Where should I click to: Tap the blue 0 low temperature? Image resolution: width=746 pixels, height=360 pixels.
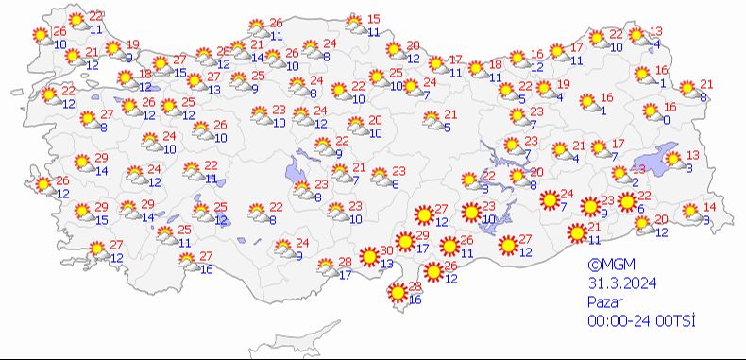(x=666, y=120)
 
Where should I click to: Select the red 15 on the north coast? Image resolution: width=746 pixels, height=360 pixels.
(x=373, y=20)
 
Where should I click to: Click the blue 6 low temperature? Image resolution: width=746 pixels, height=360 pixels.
(x=641, y=209)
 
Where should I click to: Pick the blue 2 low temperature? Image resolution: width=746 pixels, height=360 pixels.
(x=636, y=181)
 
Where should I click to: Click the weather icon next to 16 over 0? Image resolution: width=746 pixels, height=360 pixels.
(x=651, y=113)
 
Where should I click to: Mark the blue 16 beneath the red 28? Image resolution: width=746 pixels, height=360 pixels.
(x=416, y=300)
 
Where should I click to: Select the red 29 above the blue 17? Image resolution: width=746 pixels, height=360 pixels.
(x=422, y=235)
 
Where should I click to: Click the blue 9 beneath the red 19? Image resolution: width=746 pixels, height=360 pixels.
(x=129, y=57)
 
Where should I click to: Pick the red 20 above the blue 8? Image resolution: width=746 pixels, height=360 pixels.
(x=536, y=172)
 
